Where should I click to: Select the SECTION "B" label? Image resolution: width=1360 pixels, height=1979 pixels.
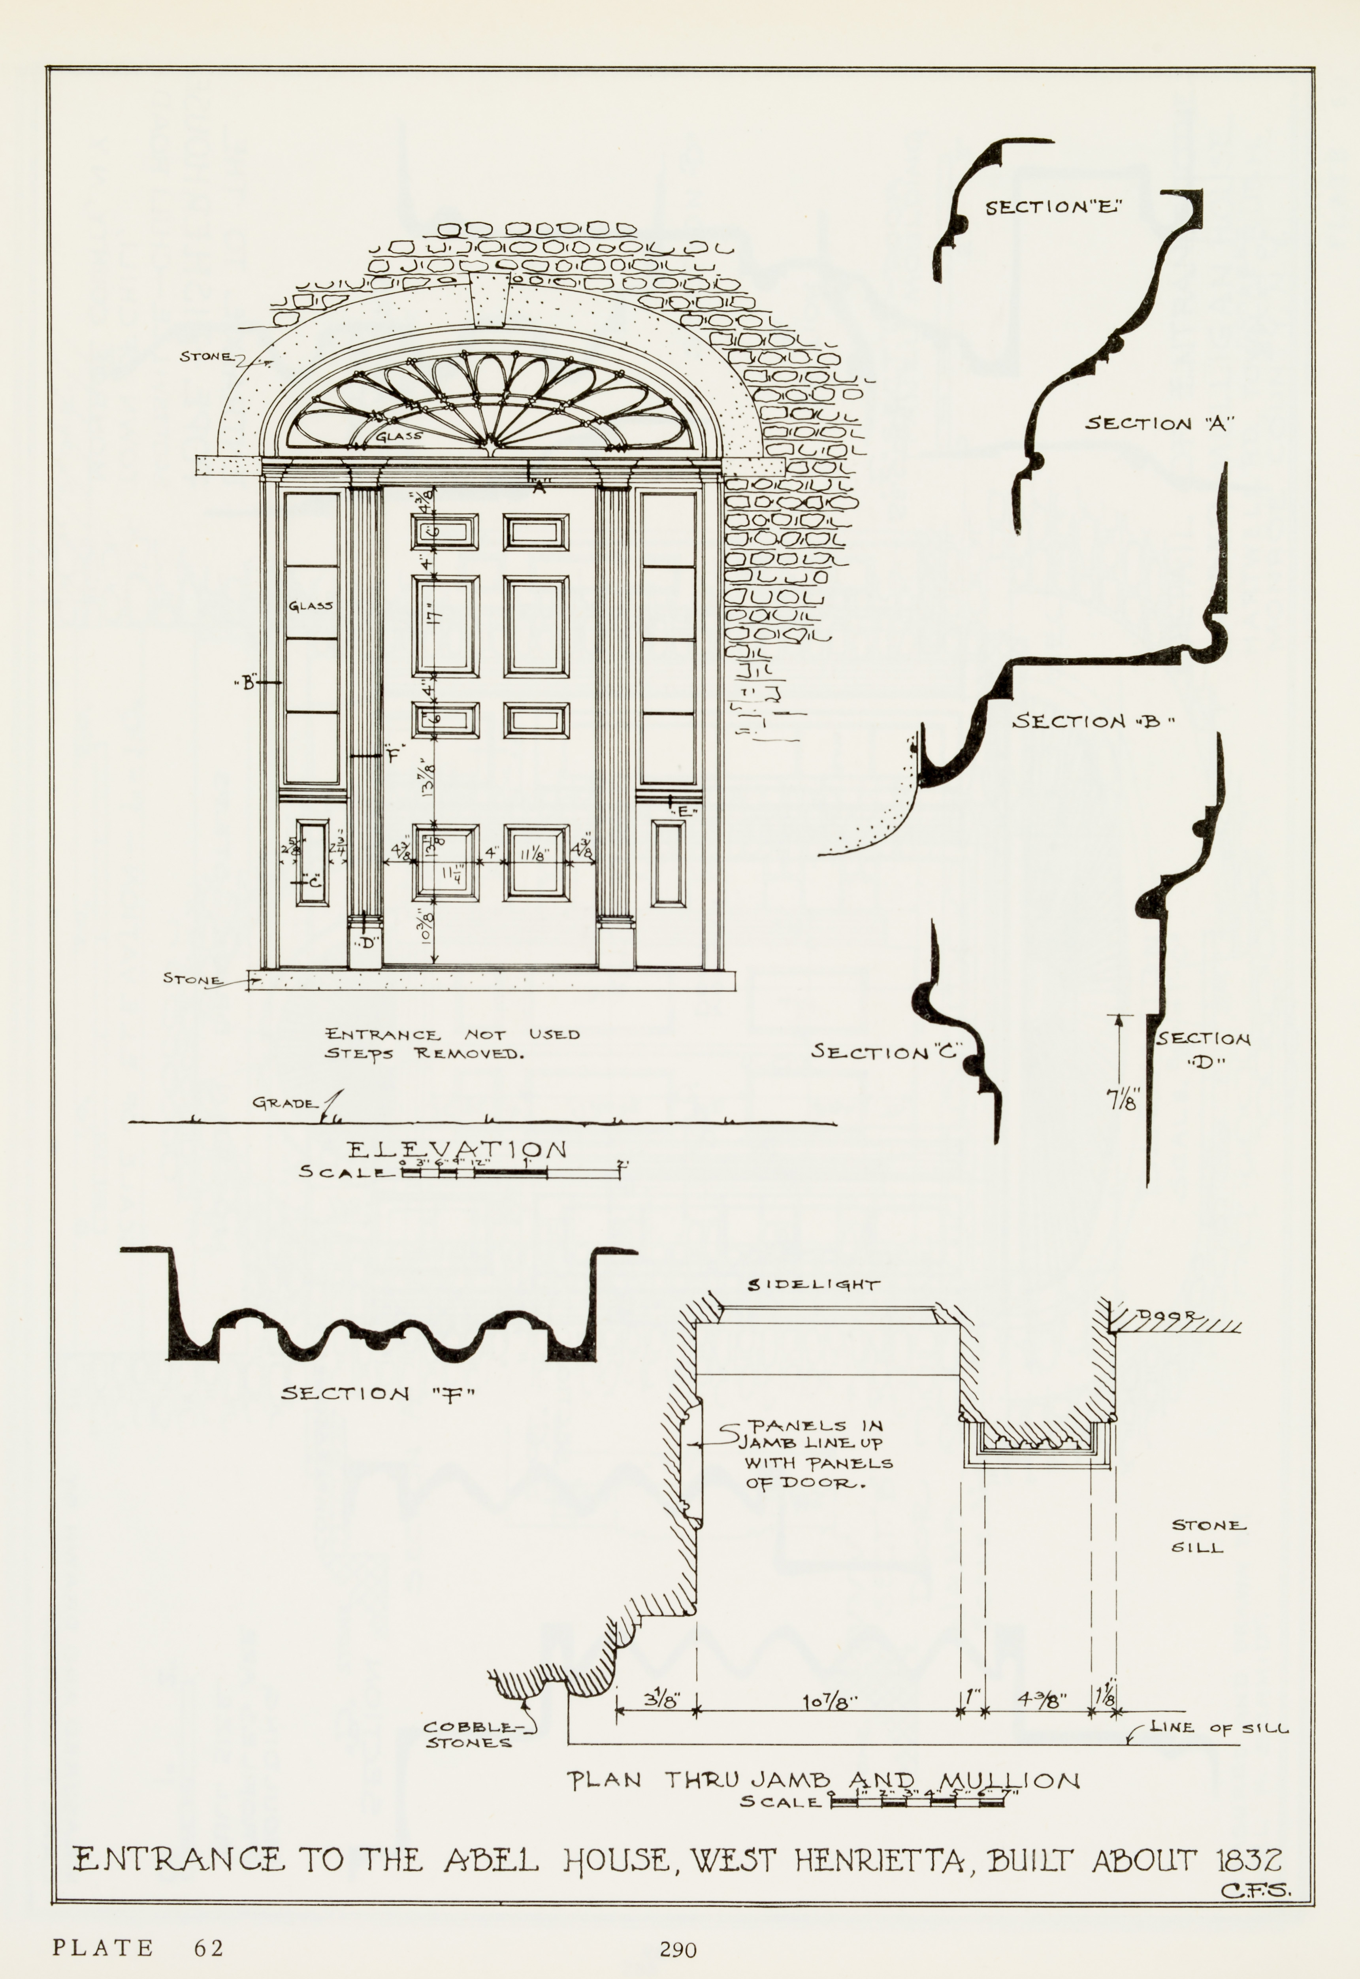[x=1093, y=722]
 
